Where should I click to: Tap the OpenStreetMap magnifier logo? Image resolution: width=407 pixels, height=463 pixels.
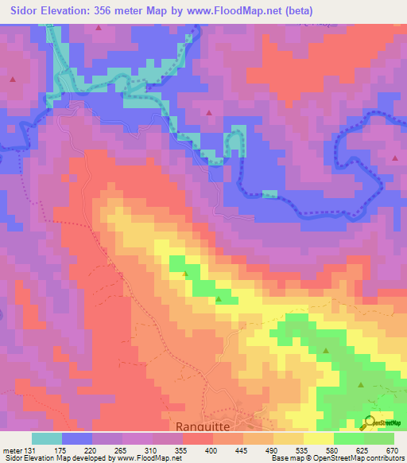click(369, 422)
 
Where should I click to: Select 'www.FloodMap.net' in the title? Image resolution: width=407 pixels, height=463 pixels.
click(238, 11)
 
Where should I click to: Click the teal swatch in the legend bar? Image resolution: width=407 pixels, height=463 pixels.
click(47, 438)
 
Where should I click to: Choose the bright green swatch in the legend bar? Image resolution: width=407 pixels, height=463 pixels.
click(349, 438)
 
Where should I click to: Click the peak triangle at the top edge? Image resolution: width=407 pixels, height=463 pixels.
click(99, 27)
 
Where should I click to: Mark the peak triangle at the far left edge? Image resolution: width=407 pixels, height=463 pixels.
click(14, 78)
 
